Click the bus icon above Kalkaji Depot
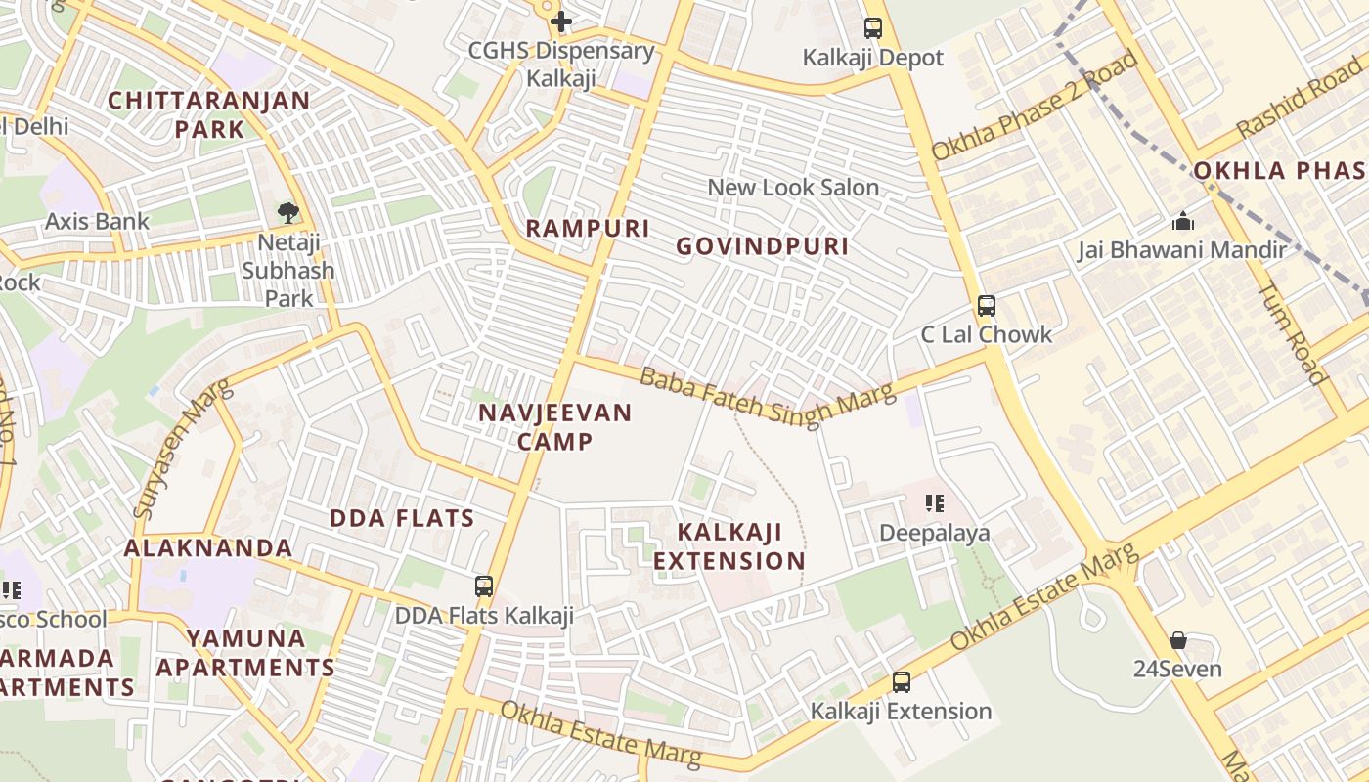pos(873,28)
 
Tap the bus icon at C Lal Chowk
pos(987,306)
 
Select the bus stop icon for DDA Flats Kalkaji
pos(484,586)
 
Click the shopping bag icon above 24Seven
pos(1178,641)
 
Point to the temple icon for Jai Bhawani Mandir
pos(1182,222)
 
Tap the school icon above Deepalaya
pos(935,504)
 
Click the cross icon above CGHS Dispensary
pos(560,21)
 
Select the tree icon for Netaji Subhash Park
pos(287,212)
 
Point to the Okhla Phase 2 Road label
pos(1035,106)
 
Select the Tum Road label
pos(1291,332)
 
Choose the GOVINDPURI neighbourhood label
pos(763,246)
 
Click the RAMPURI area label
pos(588,229)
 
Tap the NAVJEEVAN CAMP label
pos(554,427)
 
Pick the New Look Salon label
pos(793,188)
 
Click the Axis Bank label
pos(98,222)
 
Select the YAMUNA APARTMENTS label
pos(245,653)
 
